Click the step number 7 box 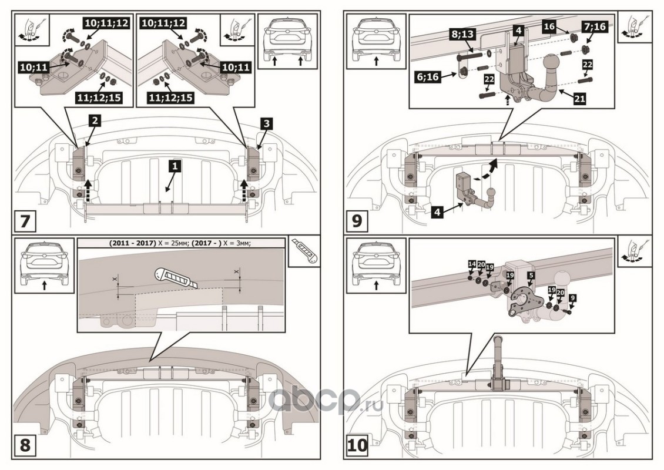pos(25,221)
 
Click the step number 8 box pos(25,445)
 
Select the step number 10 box pos(358,445)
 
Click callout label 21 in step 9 pos(579,99)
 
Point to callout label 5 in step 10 pos(531,274)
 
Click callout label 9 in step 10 pos(572,297)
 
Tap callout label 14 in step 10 pos(471,264)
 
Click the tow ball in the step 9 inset pos(553,65)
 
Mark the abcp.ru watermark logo pos(326,401)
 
